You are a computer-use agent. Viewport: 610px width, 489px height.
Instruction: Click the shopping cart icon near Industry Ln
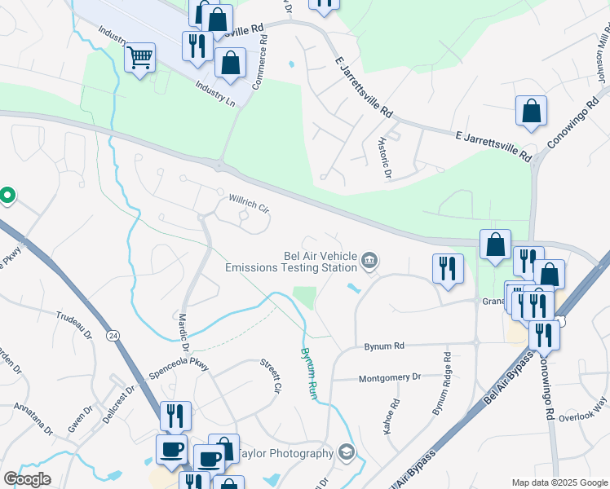tap(140, 58)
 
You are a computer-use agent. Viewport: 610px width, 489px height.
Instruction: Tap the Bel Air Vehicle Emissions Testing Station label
tap(291, 261)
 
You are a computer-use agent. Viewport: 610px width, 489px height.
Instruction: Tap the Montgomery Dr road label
tap(390, 377)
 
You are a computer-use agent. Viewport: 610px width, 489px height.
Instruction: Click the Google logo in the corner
tap(27, 479)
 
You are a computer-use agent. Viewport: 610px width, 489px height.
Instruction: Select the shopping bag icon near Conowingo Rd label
tap(531, 112)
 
